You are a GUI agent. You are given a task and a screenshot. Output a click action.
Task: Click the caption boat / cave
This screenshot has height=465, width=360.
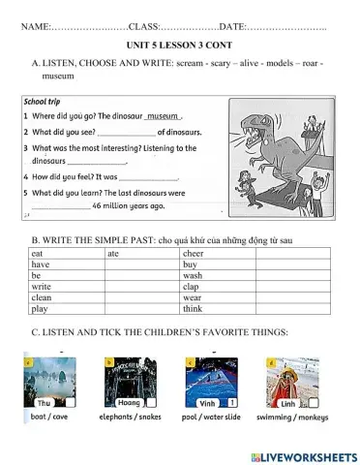[49, 418]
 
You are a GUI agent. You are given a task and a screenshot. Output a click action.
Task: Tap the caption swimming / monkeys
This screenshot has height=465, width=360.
[291, 418]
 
